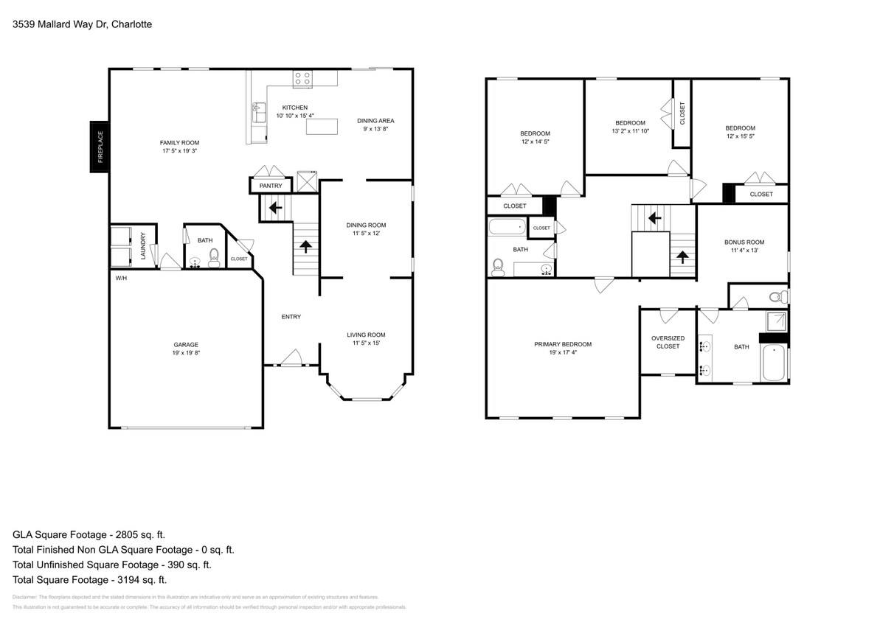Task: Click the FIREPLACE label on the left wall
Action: pyautogui.click(x=100, y=147)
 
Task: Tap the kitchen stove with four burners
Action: pyautogui.click(x=302, y=77)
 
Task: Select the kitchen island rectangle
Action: pyautogui.click(x=322, y=127)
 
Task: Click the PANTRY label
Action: pyautogui.click(x=271, y=186)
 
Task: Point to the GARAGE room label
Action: pyautogui.click(x=186, y=344)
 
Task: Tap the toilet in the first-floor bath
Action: pyautogui.click(x=214, y=256)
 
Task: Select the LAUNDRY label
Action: pyautogui.click(x=144, y=247)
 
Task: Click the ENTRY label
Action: pyautogui.click(x=291, y=317)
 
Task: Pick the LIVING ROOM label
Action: pyautogui.click(x=367, y=335)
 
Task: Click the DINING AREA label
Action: pyautogui.click(x=375, y=121)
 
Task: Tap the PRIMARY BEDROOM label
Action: pyautogui.click(x=563, y=344)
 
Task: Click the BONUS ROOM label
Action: pyautogui.click(x=744, y=242)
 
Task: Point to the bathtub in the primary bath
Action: pyautogui.click(x=775, y=363)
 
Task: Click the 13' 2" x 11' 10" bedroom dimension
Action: pyautogui.click(x=630, y=131)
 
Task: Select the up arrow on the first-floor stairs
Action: pyautogui.click(x=305, y=247)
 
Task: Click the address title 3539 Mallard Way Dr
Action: pyautogui.click(x=83, y=24)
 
